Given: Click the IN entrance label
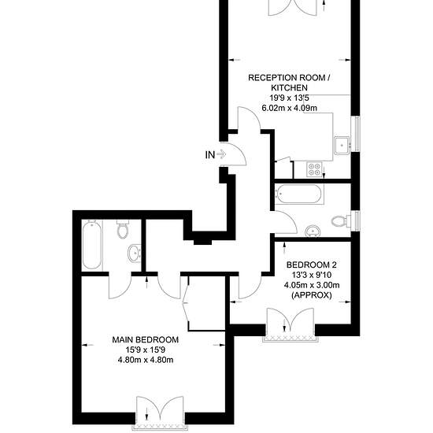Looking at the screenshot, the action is [210, 155].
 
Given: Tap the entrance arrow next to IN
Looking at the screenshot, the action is [221, 154].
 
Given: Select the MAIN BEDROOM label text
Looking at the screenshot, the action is [146, 339].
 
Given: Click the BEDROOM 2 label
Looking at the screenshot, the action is [312, 265].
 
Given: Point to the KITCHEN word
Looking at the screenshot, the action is [289, 88].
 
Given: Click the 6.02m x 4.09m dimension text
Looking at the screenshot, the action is [289, 108].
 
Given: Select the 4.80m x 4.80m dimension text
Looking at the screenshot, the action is [146, 360].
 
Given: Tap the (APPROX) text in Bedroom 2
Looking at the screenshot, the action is [312, 295].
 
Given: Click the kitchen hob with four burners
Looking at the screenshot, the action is [315, 169].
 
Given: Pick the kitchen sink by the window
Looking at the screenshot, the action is [342, 146].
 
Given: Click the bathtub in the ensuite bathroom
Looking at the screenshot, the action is [91, 245].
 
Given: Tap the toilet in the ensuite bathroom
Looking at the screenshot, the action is [123, 229].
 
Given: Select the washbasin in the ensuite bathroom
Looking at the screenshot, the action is [135, 253].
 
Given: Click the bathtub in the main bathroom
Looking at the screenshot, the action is [299, 194].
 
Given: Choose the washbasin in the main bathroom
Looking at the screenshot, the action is [313, 231].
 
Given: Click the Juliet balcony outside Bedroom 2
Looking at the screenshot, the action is [291, 339].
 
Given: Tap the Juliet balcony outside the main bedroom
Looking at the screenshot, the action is [160, 427].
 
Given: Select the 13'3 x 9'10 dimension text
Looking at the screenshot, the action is [312, 275].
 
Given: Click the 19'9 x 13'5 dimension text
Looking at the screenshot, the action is [289, 98].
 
